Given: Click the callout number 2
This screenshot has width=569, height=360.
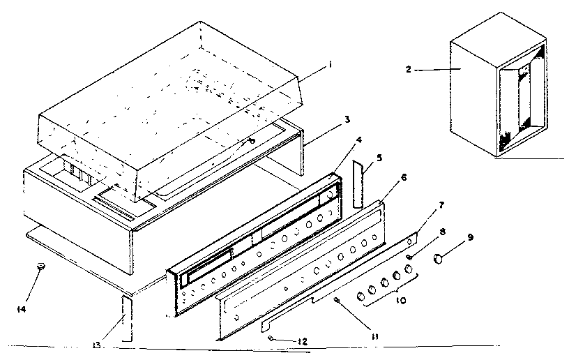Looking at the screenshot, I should [x=409, y=70].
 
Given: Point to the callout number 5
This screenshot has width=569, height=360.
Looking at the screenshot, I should [x=379, y=158].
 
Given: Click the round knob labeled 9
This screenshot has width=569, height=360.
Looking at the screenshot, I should [x=439, y=259].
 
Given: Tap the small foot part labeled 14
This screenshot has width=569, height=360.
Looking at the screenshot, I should [x=41, y=265].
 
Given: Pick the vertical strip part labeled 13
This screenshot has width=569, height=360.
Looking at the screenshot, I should [x=126, y=317].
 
